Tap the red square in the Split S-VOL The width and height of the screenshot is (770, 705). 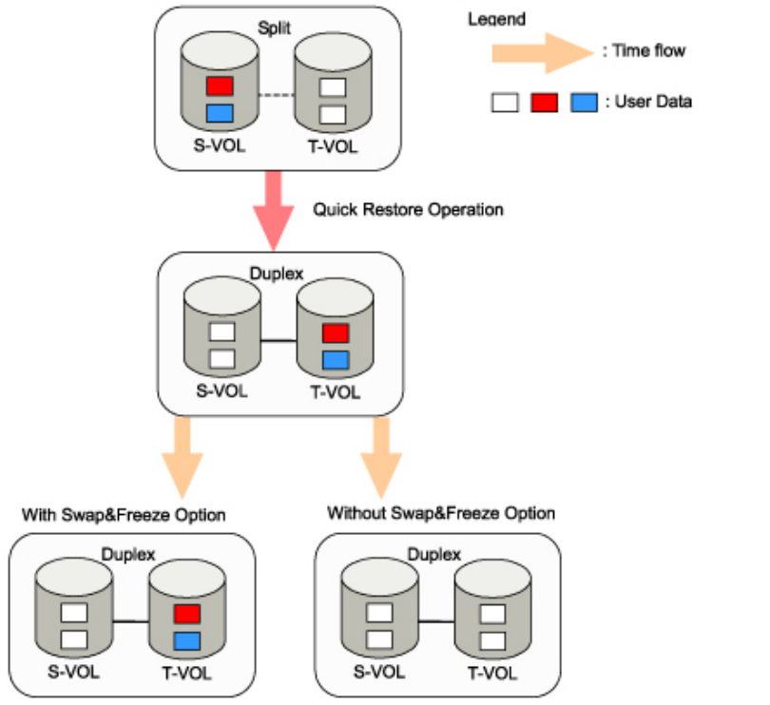(220, 86)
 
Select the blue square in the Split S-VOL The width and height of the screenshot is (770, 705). (220, 114)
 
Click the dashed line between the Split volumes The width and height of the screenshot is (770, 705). (275, 94)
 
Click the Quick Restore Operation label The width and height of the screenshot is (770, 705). (408, 209)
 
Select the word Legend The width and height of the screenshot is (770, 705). (496, 19)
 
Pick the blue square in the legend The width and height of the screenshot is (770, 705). (584, 102)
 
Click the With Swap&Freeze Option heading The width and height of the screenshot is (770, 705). (124, 515)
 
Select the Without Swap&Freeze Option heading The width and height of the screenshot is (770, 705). (441, 514)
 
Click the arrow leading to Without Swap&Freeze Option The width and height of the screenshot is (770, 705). (381, 454)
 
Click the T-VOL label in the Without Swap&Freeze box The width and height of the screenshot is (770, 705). (492, 674)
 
